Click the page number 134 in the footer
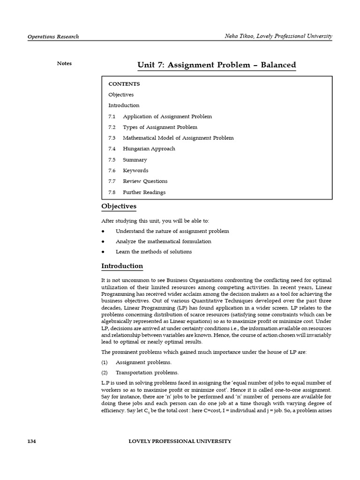click(x=32, y=441)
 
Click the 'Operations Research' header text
click(x=53, y=37)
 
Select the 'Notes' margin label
click(x=64, y=63)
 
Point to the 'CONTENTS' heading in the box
click(x=124, y=84)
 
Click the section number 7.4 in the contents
click(x=112, y=149)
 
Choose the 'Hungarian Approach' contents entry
click(x=149, y=149)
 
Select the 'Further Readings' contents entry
click(x=144, y=192)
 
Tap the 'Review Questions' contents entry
click(x=145, y=181)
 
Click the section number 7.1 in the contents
click(x=112, y=116)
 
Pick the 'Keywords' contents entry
click(x=135, y=171)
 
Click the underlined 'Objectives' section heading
click(x=119, y=206)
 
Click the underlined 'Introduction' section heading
click(x=122, y=266)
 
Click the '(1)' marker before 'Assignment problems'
click(x=105, y=362)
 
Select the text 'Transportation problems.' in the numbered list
click(x=147, y=373)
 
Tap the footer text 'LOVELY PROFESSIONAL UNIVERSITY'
click(x=180, y=441)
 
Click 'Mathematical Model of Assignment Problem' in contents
click(x=178, y=138)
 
